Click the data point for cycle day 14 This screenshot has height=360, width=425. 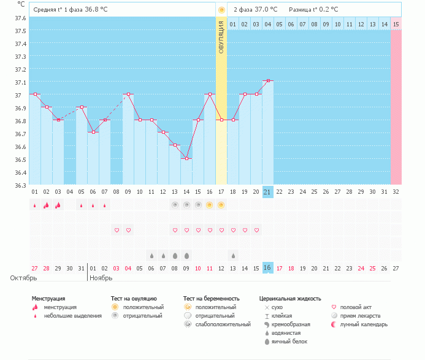[186, 158]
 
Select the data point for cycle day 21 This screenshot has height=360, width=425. [268, 80]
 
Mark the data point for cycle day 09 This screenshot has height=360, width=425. [128, 94]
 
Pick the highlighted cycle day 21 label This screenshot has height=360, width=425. [267, 192]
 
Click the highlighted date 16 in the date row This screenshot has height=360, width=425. [267, 268]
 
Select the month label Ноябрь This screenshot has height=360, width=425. [102, 278]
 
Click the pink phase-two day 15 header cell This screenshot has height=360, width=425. [396, 24]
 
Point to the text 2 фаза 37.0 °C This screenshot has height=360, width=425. [255, 10]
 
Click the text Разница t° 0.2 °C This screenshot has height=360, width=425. [314, 10]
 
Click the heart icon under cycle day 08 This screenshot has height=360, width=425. [117, 230]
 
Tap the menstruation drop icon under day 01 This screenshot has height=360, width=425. [35, 206]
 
